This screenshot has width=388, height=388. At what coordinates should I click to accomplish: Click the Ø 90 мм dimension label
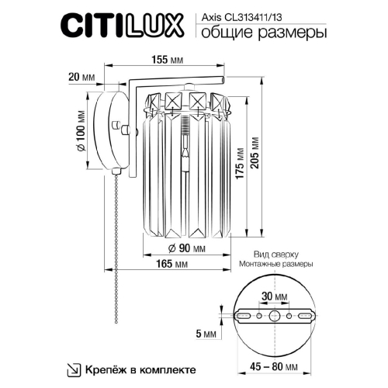click(x=186, y=248)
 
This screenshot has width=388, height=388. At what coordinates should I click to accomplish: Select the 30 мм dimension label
click(x=274, y=296)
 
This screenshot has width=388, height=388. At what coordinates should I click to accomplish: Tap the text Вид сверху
click(x=275, y=254)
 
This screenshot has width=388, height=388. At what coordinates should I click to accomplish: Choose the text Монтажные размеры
click(x=275, y=264)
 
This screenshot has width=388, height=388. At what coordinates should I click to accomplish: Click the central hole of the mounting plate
click(x=275, y=317)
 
